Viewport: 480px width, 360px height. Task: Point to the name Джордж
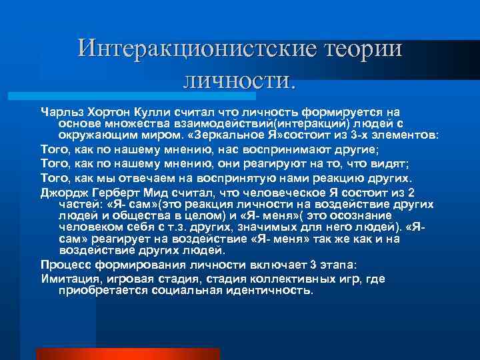pos(63,193)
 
